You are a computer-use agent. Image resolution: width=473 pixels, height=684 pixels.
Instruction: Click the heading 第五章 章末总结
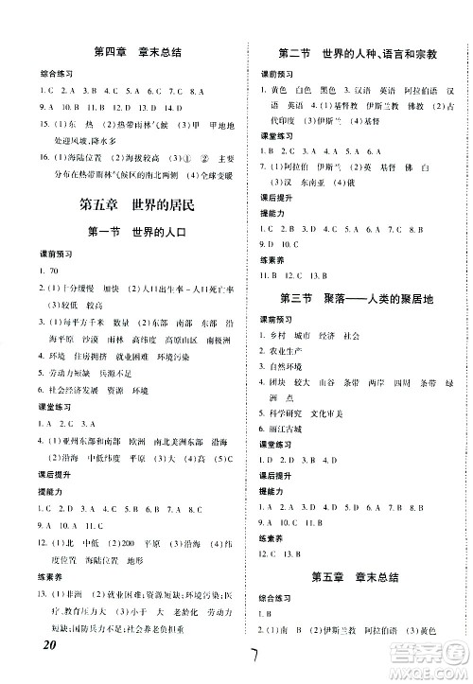pyautogui.click(x=352, y=602)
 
